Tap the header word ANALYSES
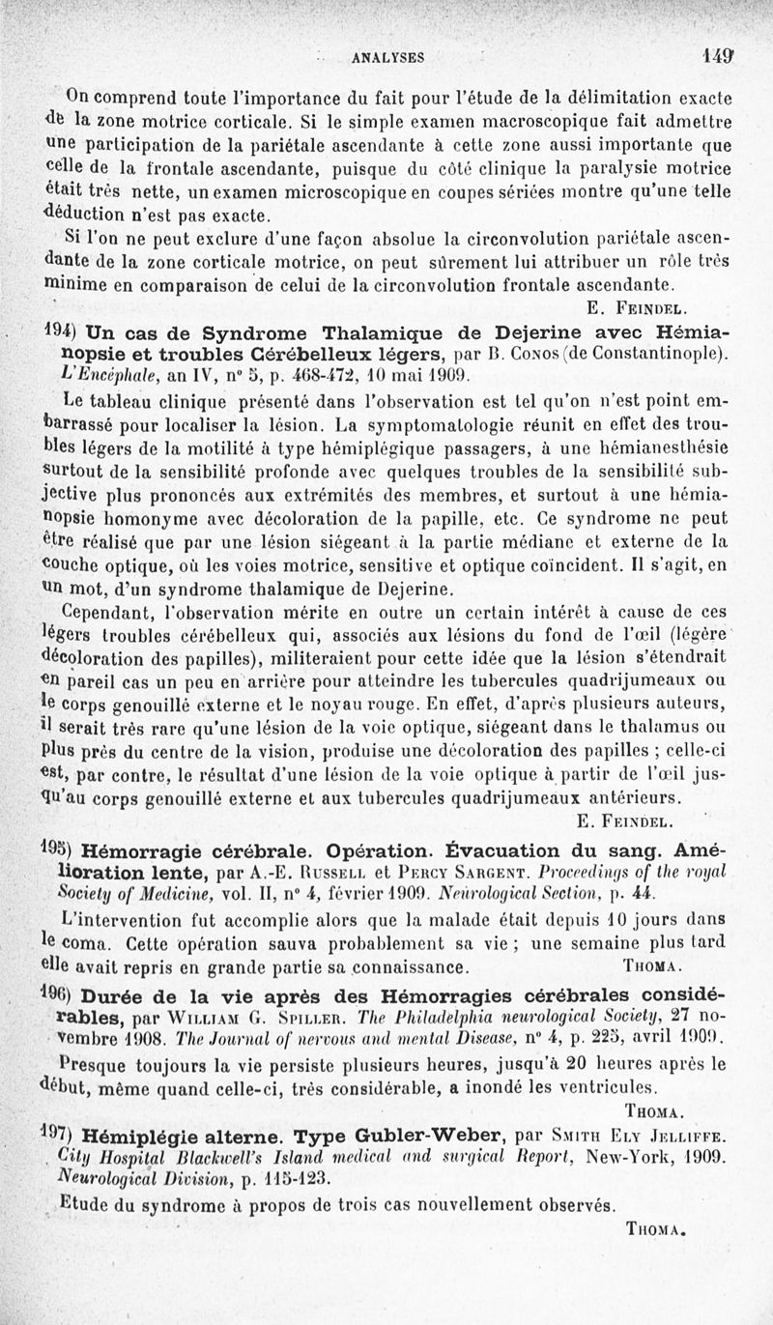click(389, 57)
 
